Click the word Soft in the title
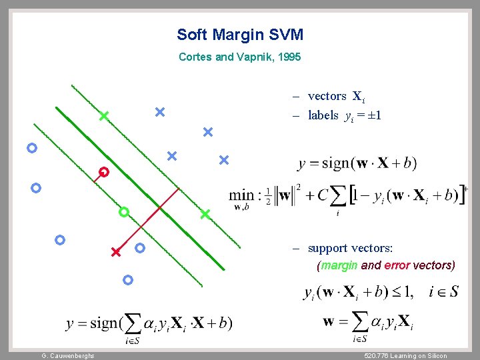coord(192,35)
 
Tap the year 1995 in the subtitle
coord(290,57)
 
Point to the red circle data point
coord(104,172)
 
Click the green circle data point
coord(123,212)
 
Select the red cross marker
coord(115,253)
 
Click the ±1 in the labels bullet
coord(374,116)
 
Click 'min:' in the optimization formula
coord(242,195)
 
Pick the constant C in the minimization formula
coord(323,195)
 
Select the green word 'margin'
coord(339,265)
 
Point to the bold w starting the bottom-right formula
coord(329,321)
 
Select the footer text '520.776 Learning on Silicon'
coord(401,356)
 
